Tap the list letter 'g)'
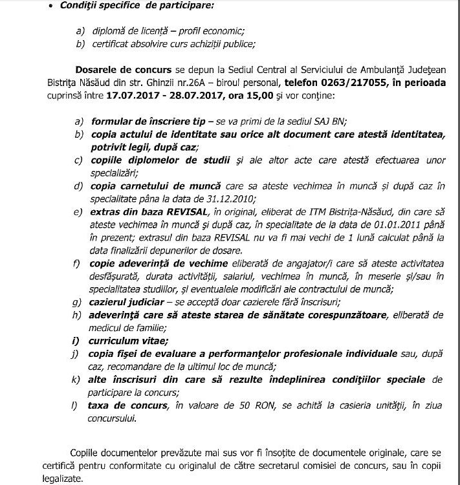[x=78, y=301]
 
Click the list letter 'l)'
[x=78, y=405]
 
